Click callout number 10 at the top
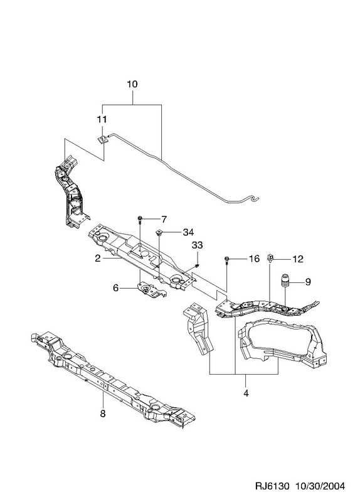(132, 84)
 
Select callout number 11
(102, 119)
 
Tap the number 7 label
(164, 220)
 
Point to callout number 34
(188, 232)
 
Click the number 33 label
(197, 245)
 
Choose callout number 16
(254, 259)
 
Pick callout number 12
(298, 259)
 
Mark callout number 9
(308, 282)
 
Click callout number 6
(116, 288)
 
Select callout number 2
(98, 259)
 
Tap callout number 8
(103, 414)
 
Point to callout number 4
(246, 393)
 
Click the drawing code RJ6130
(272, 486)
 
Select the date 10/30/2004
(320, 486)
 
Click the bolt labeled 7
(140, 220)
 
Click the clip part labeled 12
(270, 258)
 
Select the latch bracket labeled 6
(151, 290)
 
